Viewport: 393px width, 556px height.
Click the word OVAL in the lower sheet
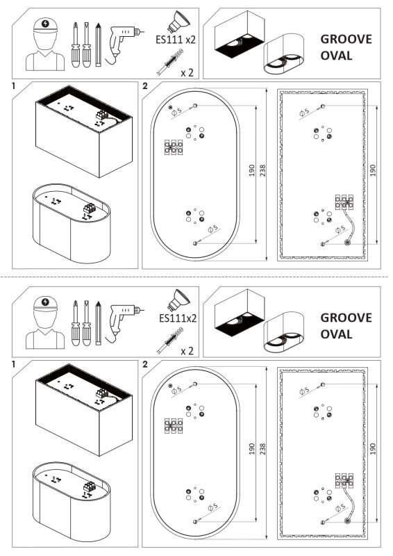(x=337, y=334)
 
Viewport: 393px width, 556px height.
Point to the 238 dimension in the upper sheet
(x=262, y=170)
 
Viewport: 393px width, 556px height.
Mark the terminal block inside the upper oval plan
(x=173, y=147)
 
